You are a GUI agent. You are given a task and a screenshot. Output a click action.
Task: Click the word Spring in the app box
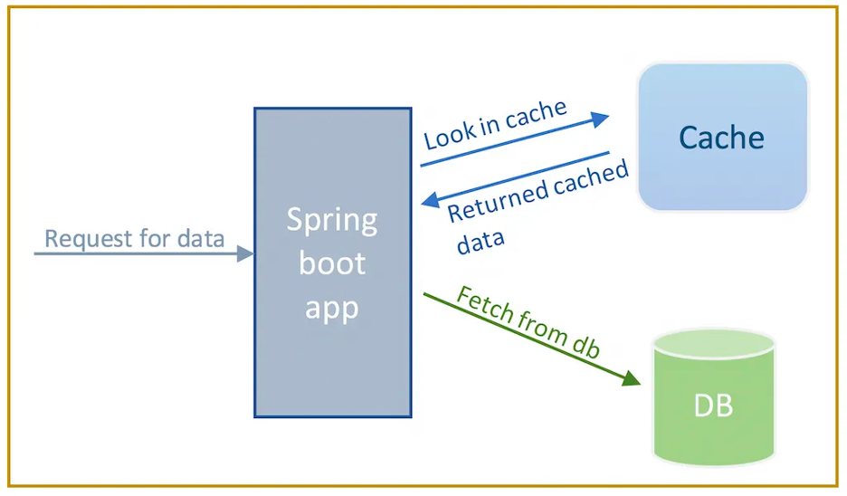[x=332, y=221]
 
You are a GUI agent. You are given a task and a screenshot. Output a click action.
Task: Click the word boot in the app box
[x=332, y=263]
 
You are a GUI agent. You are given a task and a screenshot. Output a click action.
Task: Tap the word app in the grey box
[x=332, y=308]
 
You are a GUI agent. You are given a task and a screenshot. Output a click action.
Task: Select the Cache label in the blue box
[x=721, y=138]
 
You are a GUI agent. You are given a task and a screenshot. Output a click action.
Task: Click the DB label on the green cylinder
[x=713, y=406]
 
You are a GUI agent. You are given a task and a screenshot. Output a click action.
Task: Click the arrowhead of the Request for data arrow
[x=244, y=254]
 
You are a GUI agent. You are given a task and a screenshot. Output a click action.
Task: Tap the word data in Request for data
[x=201, y=239]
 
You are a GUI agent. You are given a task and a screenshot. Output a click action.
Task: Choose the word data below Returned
[x=481, y=243]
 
